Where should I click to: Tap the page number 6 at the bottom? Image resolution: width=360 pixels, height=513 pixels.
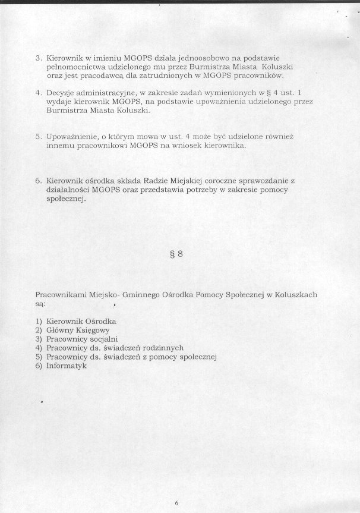point(176,503)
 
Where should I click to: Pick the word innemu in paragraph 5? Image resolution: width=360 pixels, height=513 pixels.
point(60,146)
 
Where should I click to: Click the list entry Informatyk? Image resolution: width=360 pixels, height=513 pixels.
point(67,366)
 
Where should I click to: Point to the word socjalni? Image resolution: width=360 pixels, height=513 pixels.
point(103,339)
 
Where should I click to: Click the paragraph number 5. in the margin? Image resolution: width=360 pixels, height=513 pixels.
point(38,137)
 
